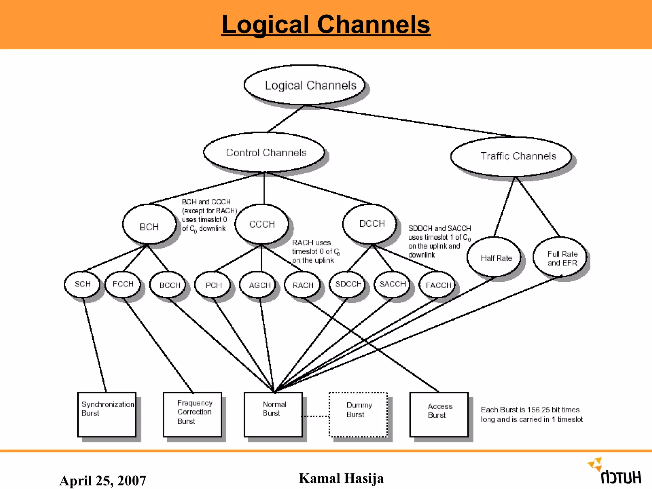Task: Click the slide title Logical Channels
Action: pyautogui.click(x=326, y=25)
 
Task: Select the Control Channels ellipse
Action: pyautogui.click(x=264, y=152)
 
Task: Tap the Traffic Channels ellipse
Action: pyautogui.click(x=511, y=157)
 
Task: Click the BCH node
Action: pyautogui.click(x=149, y=225)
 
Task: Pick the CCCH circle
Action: pyautogui.click(x=262, y=224)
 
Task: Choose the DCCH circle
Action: pyautogui.click(x=370, y=224)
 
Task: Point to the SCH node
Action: pyautogui.click(x=82, y=284)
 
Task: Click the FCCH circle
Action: pyautogui.click(x=123, y=284)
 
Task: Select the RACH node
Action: pyautogui.click(x=302, y=285)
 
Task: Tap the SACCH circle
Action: pyautogui.click(x=392, y=284)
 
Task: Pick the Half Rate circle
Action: pyautogui.click(x=494, y=258)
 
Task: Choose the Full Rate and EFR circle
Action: pyautogui.click(x=561, y=258)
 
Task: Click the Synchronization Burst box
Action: pyautogui.click(x=107, y=415)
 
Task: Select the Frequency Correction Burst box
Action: pyautogui.click(x=192, y=415)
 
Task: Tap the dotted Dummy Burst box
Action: pyautogui.click(x=358, y=415)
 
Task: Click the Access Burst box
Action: pyautogui.click(x=439, y=415)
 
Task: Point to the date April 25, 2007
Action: pyautogui.click(x=103, y=480)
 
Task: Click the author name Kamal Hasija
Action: pyautogui.click(x=341, y=478)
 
